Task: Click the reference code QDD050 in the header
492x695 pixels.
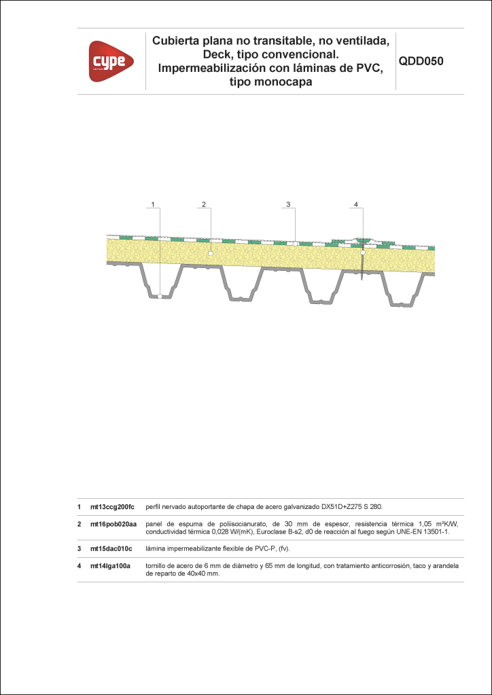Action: (x=421, y=62)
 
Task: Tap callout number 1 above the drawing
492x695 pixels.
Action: (x=153, y=204)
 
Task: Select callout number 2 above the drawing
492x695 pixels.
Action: (x=204, y=204)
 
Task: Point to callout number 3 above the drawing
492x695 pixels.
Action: (x=288, y=204)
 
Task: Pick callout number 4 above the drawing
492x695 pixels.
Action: (x=356, y=204)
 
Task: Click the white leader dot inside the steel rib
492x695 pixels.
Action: (x=159, y=296)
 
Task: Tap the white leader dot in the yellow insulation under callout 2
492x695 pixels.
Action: (x=211, y=253)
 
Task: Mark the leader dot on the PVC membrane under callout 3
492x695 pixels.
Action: (x=295, y=244)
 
